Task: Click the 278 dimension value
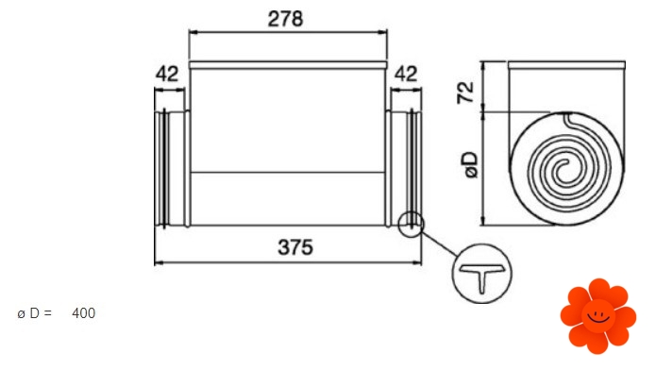click(x=285, y=19)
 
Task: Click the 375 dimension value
click(x=295, y=247)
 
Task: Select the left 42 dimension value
click(x=167, y=74)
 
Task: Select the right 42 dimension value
click(x=406, y=74)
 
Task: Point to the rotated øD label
click(x=471, y=165)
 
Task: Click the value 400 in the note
click(x=84, y=313)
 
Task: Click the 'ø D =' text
click(x=35, y=313)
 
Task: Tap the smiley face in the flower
click(x=598, y=315)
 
